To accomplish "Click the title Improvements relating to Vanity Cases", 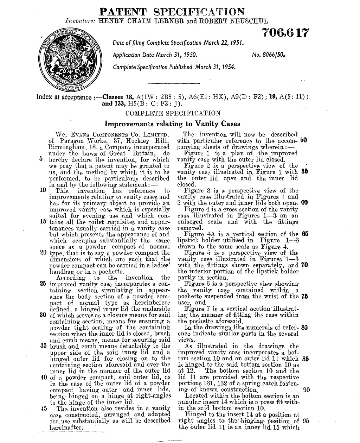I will point(173,124).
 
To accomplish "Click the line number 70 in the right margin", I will point(304,265).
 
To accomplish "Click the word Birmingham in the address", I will point(66,147).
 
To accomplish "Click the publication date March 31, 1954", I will point(216,67).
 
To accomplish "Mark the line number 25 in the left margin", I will point(44,284).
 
